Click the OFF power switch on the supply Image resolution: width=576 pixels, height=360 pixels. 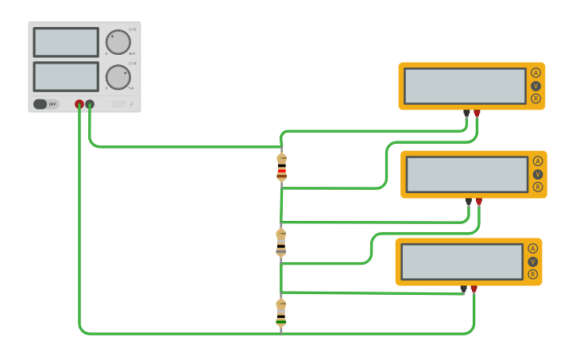coord(45,104)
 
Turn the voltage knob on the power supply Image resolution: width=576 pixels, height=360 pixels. coord(118,42)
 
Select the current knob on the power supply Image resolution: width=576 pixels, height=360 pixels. coord(118,77)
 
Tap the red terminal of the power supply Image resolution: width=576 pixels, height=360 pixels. coord(79,104)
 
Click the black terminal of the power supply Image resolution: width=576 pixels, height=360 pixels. coord(90,104)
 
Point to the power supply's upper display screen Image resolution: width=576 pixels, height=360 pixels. coord(66,42)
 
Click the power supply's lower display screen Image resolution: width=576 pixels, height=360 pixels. coord(66,76)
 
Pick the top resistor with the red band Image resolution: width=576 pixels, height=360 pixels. coord(281,168)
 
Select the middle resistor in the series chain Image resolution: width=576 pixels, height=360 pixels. coord(280,242)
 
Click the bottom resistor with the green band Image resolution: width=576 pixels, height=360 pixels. coord(280,313)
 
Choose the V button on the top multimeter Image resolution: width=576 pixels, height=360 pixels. coord(535,86)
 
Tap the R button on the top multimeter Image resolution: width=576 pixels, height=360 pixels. coord(535,99)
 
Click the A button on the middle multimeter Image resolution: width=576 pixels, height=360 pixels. coord(538,161)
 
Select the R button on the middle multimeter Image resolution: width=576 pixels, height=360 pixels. coord(538,187)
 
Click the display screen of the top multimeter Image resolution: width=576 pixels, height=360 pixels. coord(465,86)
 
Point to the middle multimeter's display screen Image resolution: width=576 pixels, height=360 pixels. coord(467,174)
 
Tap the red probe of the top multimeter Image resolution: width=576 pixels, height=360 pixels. coord(477,114)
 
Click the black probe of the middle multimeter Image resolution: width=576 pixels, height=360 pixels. coord(469,202)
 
